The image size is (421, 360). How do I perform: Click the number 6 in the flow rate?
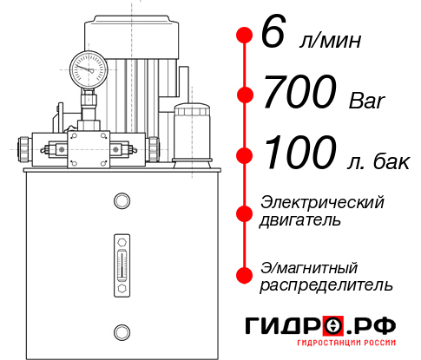point(273,36)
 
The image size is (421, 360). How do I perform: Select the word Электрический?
point(322,202)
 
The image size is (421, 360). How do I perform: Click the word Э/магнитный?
point(310,266)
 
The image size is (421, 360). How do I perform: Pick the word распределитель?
point(326,285)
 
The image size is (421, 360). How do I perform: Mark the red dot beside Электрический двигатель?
point(244,211)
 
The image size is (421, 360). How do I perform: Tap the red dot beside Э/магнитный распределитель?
point(244,275)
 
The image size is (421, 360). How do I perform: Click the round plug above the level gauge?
point(121,202)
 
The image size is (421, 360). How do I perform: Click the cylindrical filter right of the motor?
point(191,132)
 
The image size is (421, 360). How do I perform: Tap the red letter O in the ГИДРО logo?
point(332,326)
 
